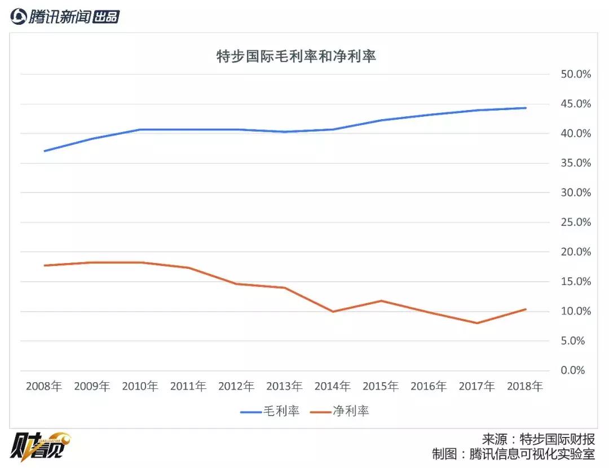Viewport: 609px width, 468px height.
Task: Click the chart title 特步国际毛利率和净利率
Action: tap(296, 56)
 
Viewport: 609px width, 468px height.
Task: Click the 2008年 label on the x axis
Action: tap(44, 387)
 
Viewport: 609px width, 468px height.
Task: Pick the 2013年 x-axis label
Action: tap(285, 387)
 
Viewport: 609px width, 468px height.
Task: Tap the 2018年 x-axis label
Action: tap(525, 387)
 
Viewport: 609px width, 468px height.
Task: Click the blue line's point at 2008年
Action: tap(44, 151)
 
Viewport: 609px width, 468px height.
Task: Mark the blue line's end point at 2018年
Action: tap(526, 108)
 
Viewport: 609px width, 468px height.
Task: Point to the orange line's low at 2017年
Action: tap(478, 323)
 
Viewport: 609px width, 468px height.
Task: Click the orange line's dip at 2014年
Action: tap(333, 312)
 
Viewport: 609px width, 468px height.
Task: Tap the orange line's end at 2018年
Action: tap(526, 309)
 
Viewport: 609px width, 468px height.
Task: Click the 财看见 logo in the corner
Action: tap(39, 448)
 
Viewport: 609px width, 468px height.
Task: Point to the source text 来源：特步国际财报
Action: tap(539, 439)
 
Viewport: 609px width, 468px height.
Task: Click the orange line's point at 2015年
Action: tap(381, 300)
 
